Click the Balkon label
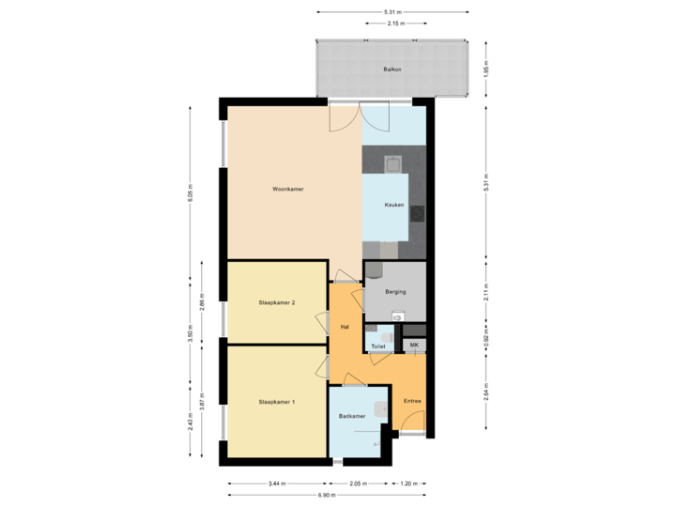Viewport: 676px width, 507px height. tap(392, 70)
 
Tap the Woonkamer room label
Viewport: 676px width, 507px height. tap(287, 190)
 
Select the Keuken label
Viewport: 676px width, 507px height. tap(394, 205)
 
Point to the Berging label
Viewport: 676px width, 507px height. tap(395, 292)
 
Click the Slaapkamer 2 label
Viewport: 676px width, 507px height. tap(277, 302)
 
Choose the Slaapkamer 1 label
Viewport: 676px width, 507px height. tap(277, 402)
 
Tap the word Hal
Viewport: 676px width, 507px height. tap(345, 326)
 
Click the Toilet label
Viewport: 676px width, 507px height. tap(378, 346)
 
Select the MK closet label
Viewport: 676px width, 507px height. tap(414, 346)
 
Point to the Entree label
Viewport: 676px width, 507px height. tap(412, 402)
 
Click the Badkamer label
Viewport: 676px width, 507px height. tap(352, 416)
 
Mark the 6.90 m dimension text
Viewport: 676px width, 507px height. tap(326, 494)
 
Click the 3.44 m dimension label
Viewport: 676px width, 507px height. tap(276, 484)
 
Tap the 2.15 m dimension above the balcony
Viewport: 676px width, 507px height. tap(395, 23)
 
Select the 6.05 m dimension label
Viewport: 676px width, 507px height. tap(191, 192)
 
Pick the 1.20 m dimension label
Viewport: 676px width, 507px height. tap(407, 484)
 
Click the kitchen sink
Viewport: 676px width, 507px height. tap(394, 165)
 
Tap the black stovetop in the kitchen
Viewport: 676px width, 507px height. tap(417, 211)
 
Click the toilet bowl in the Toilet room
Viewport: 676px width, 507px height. tap(385, 334)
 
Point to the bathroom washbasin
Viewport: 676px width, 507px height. tap(380, 409)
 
